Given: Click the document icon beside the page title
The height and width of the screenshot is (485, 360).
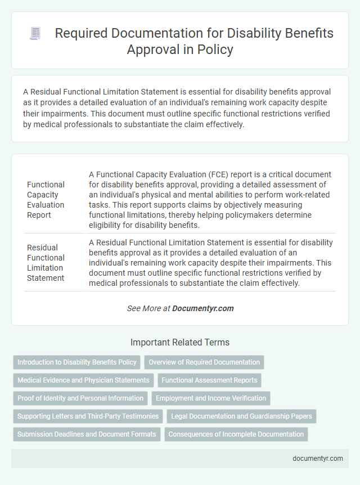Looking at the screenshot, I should click(35, 34).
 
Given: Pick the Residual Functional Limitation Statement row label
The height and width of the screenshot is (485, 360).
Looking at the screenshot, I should click(46, 262).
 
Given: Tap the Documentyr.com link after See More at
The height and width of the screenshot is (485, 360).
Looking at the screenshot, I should click(202, 308).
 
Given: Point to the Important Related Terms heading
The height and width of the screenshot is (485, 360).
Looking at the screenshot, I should click(180, 342).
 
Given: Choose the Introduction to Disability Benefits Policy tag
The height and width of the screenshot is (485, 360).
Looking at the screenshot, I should click(76, 362).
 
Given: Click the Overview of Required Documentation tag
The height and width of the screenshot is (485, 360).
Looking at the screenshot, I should click(204, 362).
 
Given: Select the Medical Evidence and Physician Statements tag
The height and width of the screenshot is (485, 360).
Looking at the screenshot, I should click(83, 380).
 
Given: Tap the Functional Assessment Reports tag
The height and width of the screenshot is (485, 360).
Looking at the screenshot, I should click(209, 380).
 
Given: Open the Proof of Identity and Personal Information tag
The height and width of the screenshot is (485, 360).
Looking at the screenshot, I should click(80, 398).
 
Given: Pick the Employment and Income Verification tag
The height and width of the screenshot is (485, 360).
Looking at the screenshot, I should click(211, 398).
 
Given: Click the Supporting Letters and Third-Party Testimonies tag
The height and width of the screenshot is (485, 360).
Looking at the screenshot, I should click(88, 416).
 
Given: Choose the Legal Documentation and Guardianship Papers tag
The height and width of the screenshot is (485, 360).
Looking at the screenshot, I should click(241, 416).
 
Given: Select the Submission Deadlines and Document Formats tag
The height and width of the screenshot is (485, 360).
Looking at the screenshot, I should click(87, 434).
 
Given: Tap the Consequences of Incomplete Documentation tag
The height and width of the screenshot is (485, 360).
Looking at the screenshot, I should click(236, 434).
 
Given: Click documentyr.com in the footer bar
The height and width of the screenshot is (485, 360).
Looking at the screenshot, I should click(318, 458).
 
